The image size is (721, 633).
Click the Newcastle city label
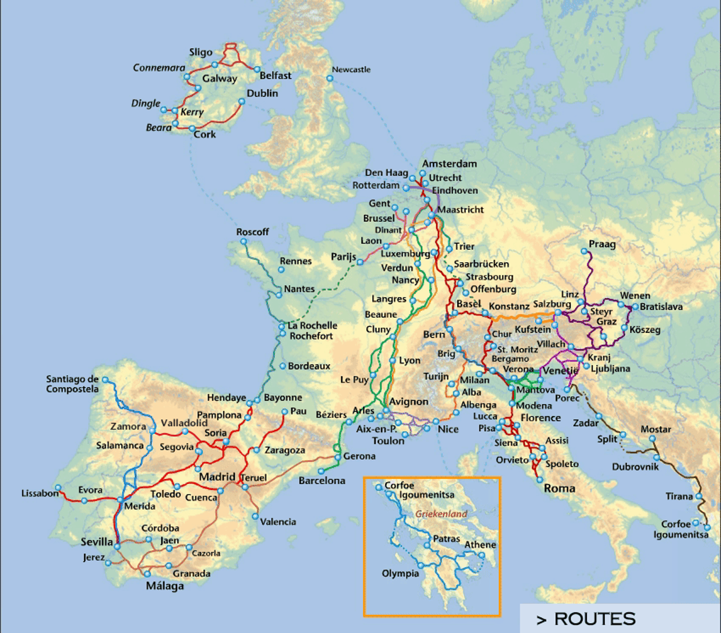pyautogui.click(x=351, y=69)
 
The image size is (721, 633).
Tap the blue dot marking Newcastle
pyautogui.click(x=330, y=78)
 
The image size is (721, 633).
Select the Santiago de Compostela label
pyautogui.click(x=72, y=384)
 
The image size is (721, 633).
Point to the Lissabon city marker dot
pyautogui.click(x=58, y=488)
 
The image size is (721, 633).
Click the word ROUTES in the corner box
pyautogui.click(x=595, y=619)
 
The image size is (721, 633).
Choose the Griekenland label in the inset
pyautogui.click(x=441, y=514)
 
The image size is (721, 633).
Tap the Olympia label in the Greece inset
pyautogui.click(x=400, y=573)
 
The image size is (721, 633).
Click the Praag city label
pyautogui.click(x=602, y=244)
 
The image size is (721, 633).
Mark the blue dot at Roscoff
pyautogui.click(x=243, y=242)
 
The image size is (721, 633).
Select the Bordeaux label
pyautogui.click(x=309, y=366)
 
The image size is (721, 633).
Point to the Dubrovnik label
pyautogui.click(x=635, y=467)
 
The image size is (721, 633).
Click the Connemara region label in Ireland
pyautogui.click(x=159, y=68)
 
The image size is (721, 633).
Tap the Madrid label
pyautogui.click(x=217, y=477)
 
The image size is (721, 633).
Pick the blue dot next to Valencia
pyautogui.click(x=255, y=516)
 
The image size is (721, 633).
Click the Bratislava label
pyautogui.click(x=661, y=307)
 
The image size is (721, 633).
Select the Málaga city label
pyautogui.click(x=165, y=586)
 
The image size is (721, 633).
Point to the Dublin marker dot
pyautogui.click(x=242, y=102)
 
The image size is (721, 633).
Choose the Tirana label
pyautogui.click(x=679, y=496)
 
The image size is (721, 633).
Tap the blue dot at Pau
pyautogui.click(x=284, y=412)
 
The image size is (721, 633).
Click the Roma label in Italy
pyautogui.click(x=559, y=488)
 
